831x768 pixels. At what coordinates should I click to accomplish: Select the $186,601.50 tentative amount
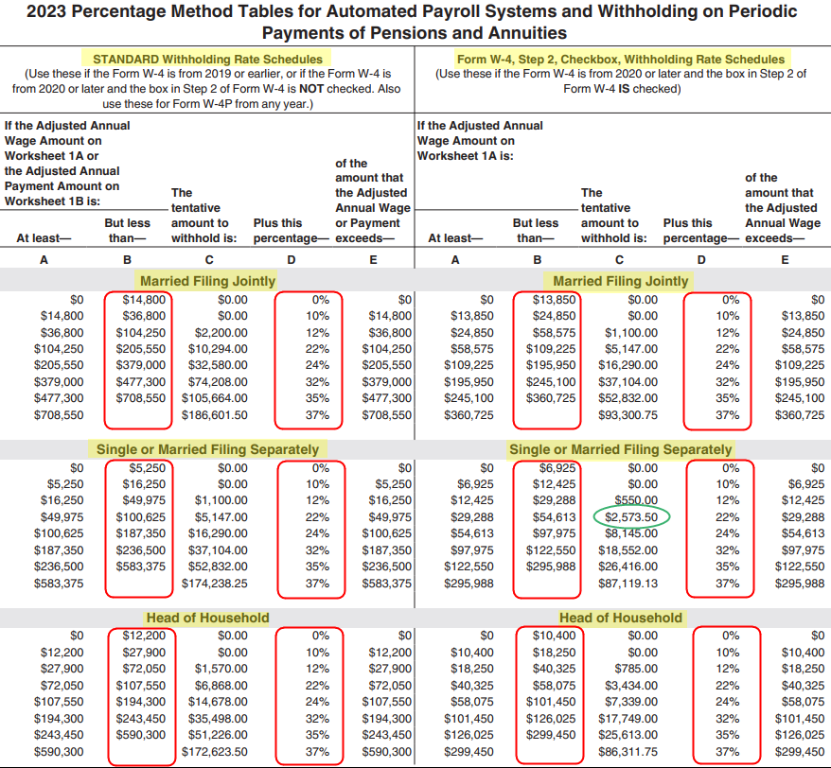click(215, 414)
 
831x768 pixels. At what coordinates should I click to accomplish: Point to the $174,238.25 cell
click(215, 584)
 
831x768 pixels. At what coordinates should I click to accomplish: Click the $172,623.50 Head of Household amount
click(215, 752)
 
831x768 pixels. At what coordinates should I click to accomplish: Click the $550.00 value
click(636, 499)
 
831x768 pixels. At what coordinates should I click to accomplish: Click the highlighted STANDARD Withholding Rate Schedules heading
click(207, 59)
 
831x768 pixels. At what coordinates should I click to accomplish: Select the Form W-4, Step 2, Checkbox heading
click(621, 59)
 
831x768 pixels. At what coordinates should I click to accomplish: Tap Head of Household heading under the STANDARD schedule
click(207, 618)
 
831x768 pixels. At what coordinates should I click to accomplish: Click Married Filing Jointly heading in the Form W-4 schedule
click(621, 281)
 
